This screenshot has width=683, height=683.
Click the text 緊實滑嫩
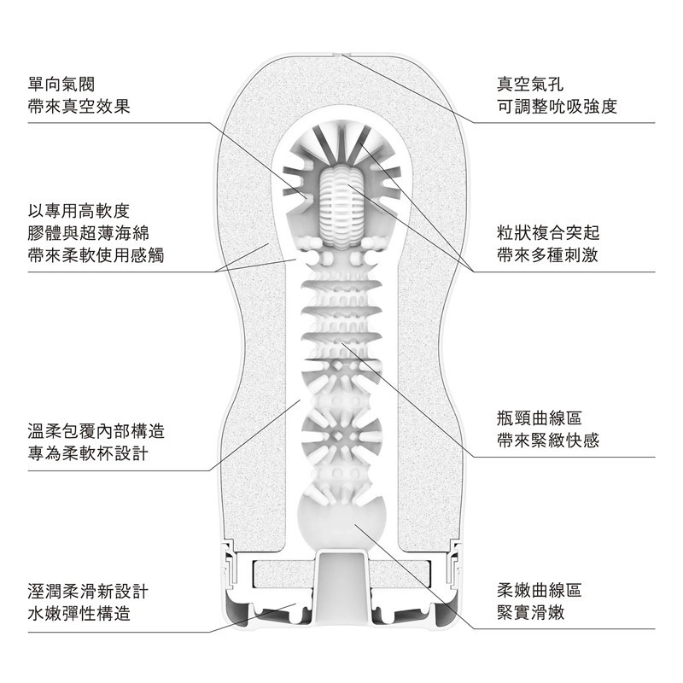coord(531,613)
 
